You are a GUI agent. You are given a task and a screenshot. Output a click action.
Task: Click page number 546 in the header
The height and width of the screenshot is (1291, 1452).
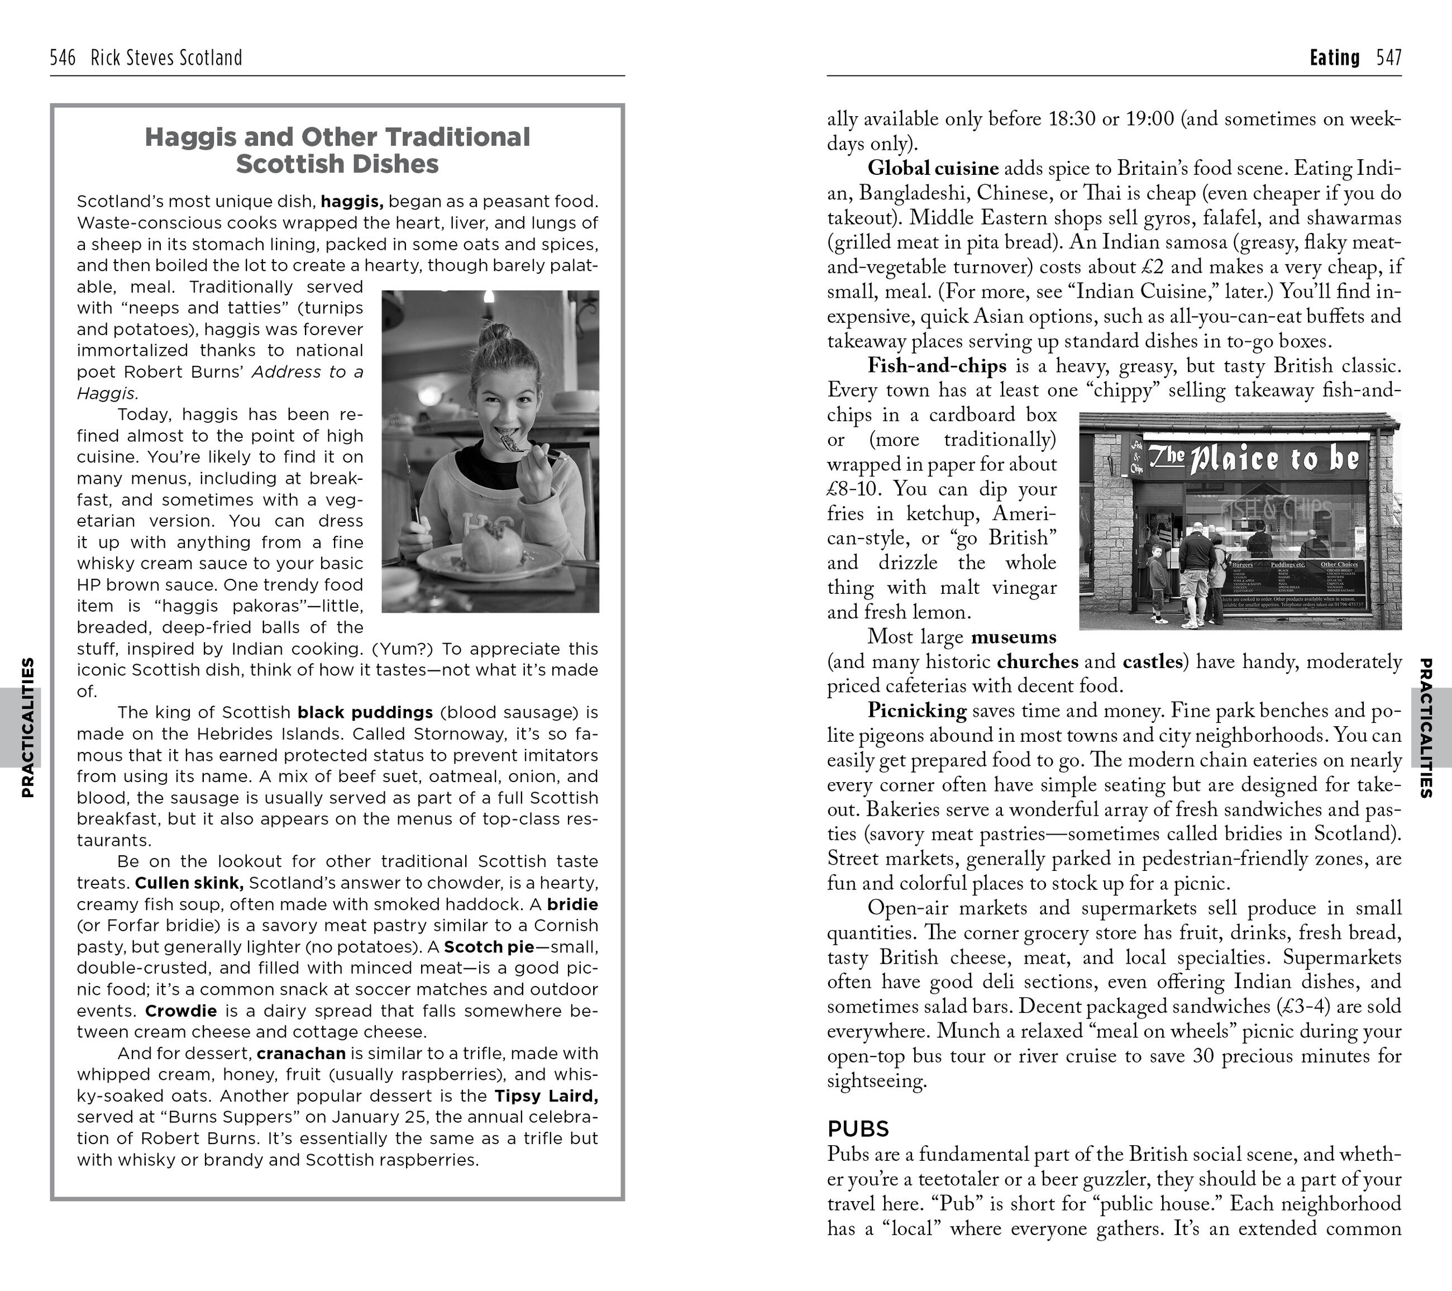[x=63, y=58]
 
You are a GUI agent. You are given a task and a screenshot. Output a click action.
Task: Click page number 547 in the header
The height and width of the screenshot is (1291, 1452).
[x=1388, y=58]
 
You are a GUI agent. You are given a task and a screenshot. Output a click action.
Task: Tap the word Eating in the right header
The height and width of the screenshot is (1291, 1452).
[x=1334, y=58]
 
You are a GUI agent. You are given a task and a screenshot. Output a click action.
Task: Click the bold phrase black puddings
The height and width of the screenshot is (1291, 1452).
[x=365, y=713]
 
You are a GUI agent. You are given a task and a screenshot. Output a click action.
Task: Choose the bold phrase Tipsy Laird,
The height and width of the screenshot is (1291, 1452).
[x=546, y=1097]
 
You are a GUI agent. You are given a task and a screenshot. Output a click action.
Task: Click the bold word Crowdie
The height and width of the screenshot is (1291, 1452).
[x=181, y=1011]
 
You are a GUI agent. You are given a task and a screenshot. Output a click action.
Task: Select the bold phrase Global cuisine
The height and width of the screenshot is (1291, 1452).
[x=933, y=168]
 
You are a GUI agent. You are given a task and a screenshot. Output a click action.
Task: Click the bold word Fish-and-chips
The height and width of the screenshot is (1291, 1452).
[x=937, y=366]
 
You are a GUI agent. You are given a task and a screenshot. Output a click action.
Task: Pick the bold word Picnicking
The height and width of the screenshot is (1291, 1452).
[x=916, y=711]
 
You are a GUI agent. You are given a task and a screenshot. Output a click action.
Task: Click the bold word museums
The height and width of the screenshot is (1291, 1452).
[x=1014, y=637]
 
